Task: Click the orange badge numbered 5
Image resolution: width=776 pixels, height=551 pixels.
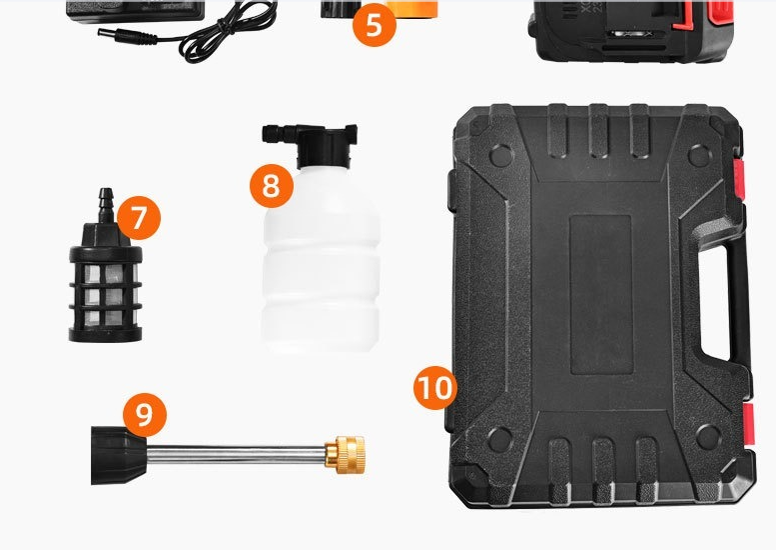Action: tap(375, 25)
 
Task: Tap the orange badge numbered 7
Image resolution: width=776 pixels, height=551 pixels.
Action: tap(139, 218)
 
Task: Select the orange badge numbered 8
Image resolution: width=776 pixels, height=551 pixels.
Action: tap(272, 186)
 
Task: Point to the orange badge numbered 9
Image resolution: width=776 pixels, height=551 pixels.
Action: tap(145, 415)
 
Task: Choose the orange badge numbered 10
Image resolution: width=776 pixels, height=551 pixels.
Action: tap(435, 387)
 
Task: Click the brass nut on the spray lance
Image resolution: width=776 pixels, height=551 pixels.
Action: tap(345, 454)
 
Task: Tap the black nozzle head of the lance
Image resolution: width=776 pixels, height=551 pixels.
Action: tap(118, 455)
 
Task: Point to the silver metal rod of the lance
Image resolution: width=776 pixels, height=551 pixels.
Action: tap(236, 453)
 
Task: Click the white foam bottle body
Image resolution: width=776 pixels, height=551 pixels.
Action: tap(321, 260)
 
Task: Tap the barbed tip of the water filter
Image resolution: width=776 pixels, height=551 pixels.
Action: tap(106, 204)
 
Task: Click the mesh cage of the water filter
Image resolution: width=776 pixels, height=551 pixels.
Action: tap(106, 292)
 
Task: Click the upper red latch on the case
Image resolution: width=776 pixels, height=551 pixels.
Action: tap(739, 177)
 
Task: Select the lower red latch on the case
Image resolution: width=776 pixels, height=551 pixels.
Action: tap(748, 424)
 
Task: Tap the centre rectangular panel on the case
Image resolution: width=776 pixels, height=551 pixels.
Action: tap(601, 294)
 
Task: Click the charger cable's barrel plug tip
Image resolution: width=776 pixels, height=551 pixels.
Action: tap(106, 34)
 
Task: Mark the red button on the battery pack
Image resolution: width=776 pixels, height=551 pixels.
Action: tap(720, 12)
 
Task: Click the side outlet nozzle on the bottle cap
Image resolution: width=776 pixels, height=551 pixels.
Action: tap(278, 134)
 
